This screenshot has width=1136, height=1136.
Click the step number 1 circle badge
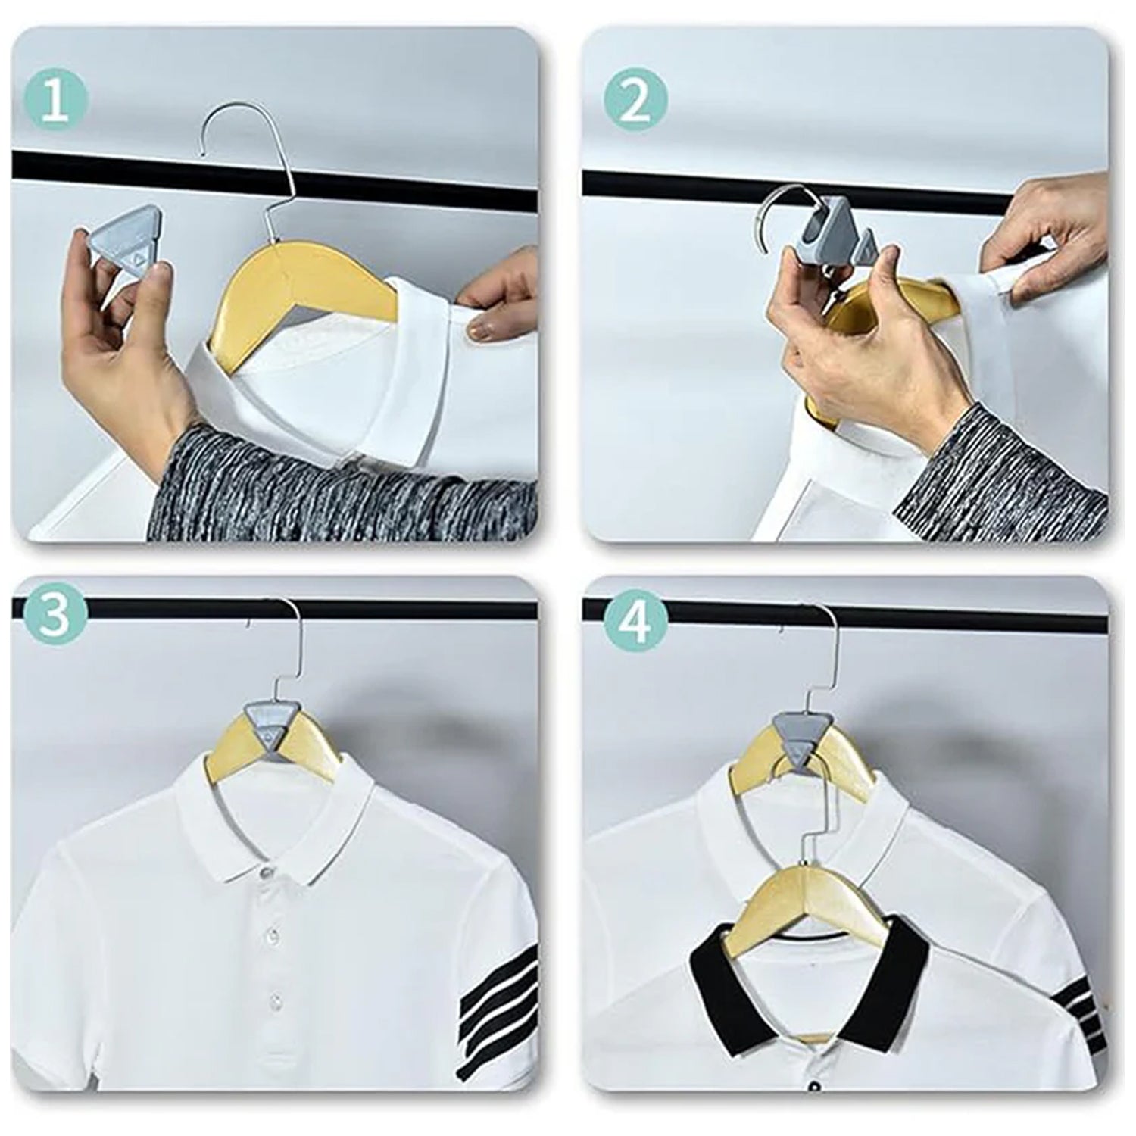click(56, 101)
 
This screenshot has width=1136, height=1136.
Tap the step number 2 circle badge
click(636, 101)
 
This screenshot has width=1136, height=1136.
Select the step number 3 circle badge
click(56, 616)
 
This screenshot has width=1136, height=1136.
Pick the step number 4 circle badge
click(636, 616)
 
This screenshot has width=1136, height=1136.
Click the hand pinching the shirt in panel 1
click(492, 303)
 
